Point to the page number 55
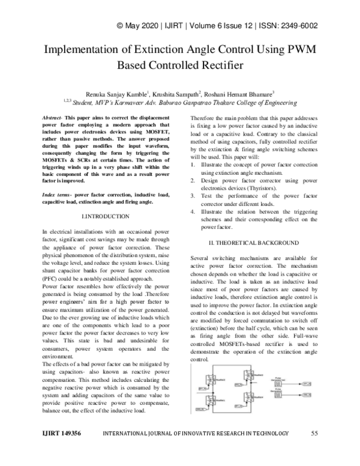tap(314, 433)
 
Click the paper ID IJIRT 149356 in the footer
tap(60, 433)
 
